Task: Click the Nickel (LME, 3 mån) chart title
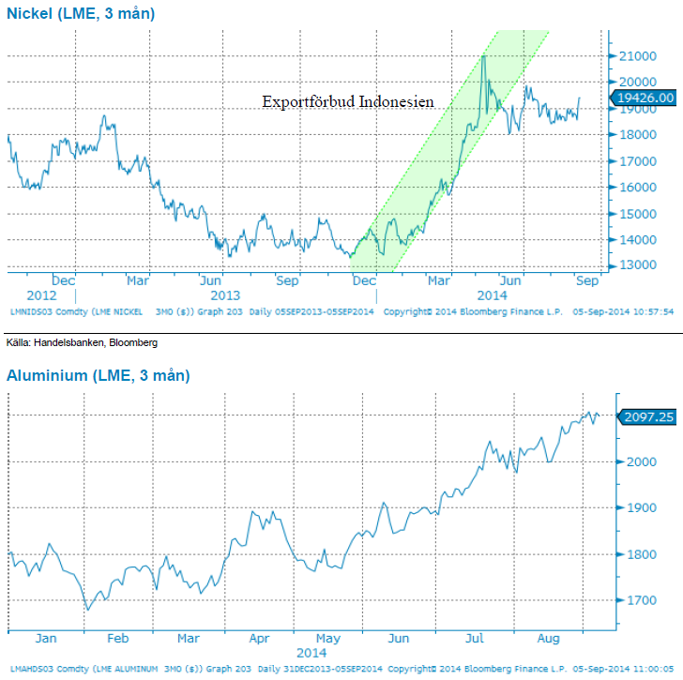82,13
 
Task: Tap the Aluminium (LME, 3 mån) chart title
99,375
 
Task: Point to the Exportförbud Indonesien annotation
354,101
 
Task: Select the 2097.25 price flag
647,415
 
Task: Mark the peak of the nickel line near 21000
483,56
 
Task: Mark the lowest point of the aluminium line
88,610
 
